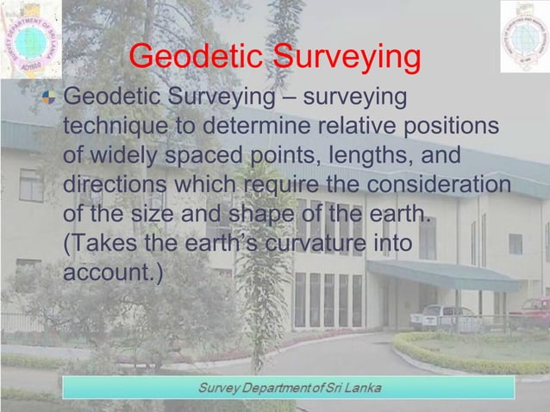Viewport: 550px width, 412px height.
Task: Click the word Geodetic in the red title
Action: (x=197, y=59)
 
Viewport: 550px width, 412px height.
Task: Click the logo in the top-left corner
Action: (x=30, y=39)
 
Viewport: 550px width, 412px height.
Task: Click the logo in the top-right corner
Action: (x=524, y=36)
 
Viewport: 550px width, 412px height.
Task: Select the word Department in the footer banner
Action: (x=278, y=384)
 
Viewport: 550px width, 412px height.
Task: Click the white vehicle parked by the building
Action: (x=442, y=317)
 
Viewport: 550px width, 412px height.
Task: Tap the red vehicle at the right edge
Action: (x=534, y=310)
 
